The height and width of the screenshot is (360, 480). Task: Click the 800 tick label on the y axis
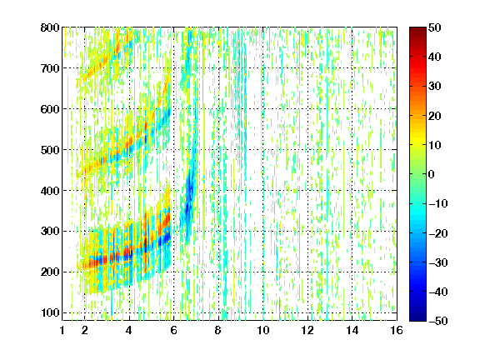(50, 27)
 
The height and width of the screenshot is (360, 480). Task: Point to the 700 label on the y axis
(50, 68)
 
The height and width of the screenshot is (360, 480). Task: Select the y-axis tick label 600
(50, 109)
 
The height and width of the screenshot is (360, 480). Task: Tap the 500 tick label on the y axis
(50, 150)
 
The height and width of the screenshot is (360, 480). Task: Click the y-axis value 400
(50, 191)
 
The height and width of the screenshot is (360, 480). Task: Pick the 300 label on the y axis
(50, 231)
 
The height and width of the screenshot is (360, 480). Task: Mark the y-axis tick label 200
(50, 272)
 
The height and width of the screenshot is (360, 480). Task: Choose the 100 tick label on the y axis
(50, 312)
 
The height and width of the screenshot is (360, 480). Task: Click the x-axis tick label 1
(62, 330)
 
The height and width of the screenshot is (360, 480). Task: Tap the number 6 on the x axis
(174, 330)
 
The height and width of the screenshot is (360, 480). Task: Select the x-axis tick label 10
(263, 330)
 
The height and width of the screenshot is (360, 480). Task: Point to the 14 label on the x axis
(352, 330)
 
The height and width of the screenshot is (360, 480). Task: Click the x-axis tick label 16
(397, 330)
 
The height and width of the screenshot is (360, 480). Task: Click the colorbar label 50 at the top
(435, 27)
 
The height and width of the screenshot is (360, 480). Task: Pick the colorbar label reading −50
(438, 321)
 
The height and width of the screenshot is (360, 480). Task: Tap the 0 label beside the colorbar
(432, 174)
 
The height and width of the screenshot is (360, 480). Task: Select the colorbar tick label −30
(438, 262)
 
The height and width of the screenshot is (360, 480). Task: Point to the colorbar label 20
(435, 116)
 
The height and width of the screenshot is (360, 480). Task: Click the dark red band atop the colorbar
(417, 32)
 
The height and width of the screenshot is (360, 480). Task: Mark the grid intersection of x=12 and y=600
(307, 109)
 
